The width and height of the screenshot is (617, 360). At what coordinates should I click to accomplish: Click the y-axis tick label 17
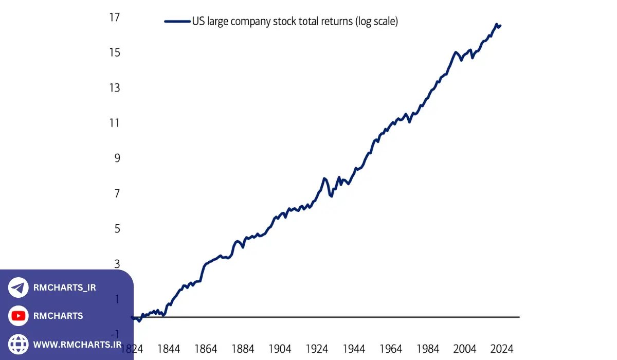tap(114, 17)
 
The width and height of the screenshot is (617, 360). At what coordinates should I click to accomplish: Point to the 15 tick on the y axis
tap(114, 52)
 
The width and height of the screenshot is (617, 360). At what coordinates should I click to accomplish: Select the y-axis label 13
tap(114, 88)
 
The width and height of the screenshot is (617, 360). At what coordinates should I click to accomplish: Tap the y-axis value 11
tap(114, 123)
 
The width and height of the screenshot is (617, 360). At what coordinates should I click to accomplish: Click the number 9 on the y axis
tap(117, 158)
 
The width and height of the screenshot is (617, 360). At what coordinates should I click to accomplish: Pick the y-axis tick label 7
tap(117, 193)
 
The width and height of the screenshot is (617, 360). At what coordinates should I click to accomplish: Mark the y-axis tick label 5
tap(117, 228)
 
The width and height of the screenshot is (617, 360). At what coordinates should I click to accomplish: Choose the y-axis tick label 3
tap(117, 264)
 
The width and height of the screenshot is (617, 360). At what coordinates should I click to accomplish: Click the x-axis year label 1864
tap(206, 349)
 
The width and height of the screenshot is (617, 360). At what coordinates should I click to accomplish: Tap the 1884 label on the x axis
tap(243, 349)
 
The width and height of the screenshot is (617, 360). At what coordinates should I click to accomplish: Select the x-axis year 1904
tap(280, 349)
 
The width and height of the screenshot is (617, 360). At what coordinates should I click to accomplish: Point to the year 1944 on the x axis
tap(354, 349)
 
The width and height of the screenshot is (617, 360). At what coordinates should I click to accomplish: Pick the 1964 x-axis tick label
tap(391, 349)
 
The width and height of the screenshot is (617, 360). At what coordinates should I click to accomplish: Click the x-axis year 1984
tap(428, 349)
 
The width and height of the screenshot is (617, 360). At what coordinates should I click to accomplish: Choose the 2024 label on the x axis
tap(502, 349)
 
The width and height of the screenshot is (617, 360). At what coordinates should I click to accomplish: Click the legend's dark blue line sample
tap(177, 22)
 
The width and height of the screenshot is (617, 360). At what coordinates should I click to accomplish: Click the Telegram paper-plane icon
tap(19, 287)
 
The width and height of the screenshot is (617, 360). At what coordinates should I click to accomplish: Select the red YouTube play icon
tap(19, 316)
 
